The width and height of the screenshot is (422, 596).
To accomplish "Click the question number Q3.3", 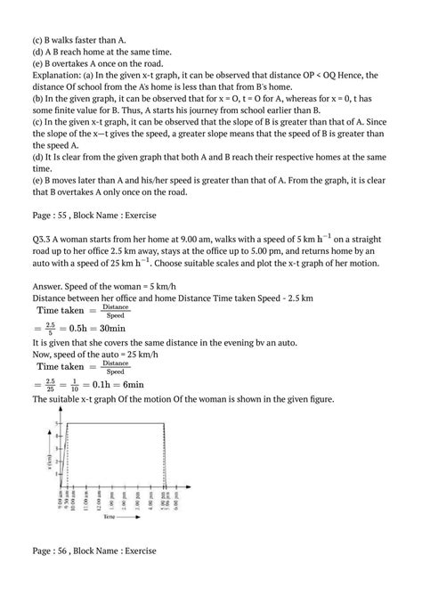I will pos(42,238).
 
